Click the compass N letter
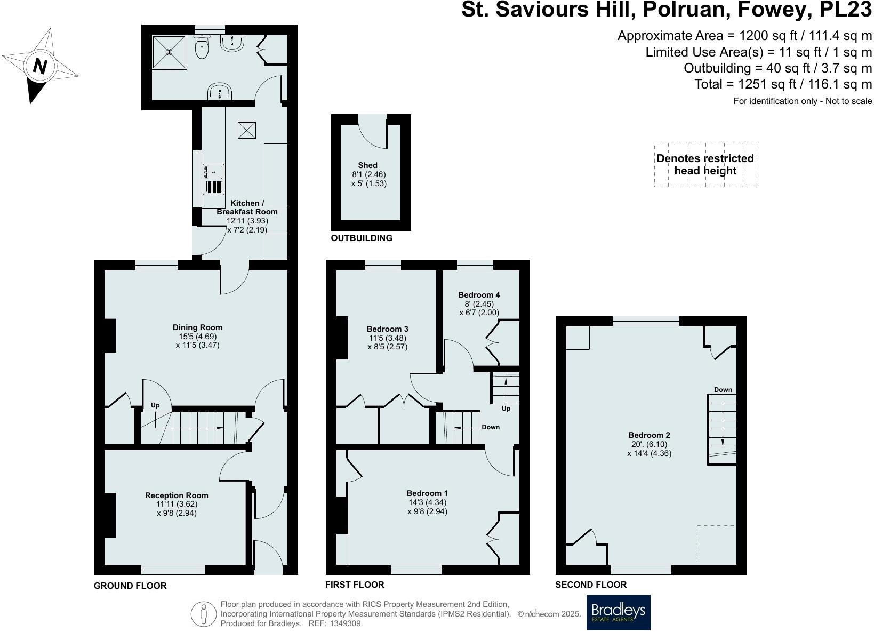[40, 67]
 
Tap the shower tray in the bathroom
[170, 52]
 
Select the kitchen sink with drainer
[214, 179]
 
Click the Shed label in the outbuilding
[367, 165]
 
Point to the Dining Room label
[197, 327]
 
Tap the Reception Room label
[177, 495]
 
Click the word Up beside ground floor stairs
[155, 405]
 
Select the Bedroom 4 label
[479, 295]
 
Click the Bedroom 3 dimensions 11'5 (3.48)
[387, 338]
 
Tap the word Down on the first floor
[491, 427]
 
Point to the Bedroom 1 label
[427, 493]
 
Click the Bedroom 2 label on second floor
[649, 435]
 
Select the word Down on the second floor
[723, 390]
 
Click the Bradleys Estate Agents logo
[619, 612]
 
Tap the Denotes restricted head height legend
[705, 165]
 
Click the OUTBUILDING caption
[362, 238]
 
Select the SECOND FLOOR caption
[591, 585]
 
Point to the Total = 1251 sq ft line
[783, 84]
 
